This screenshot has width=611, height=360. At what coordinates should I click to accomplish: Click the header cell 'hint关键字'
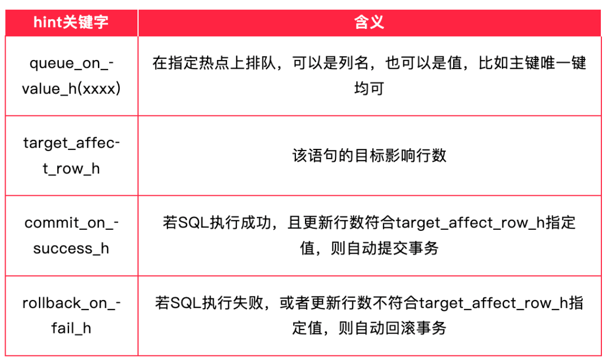coord(71,22)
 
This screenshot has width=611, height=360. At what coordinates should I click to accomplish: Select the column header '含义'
coord(369,22)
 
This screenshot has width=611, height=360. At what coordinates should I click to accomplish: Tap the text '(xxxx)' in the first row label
coord(99,89)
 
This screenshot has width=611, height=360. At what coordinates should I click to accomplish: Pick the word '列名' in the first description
coord(354,63)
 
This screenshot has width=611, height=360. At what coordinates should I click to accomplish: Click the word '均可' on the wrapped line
coord(369,88)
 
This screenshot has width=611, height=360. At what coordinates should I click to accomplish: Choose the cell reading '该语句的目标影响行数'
coord(369,156)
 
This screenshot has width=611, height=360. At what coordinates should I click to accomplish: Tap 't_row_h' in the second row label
coord(71,169)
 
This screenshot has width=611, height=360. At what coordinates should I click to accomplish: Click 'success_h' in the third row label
coord(71,248)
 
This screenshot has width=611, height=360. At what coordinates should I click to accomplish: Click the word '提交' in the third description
coord(393,248)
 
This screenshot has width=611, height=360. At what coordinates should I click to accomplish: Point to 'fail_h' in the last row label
coord(71,328)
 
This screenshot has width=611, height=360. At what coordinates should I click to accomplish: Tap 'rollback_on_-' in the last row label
coord(71,303)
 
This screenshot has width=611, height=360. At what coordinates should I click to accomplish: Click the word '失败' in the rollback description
coord(248,303)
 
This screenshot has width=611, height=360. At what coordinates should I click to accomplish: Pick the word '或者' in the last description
coord(295,303)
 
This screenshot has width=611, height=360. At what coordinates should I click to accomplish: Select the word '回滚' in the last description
coord(400,328)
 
